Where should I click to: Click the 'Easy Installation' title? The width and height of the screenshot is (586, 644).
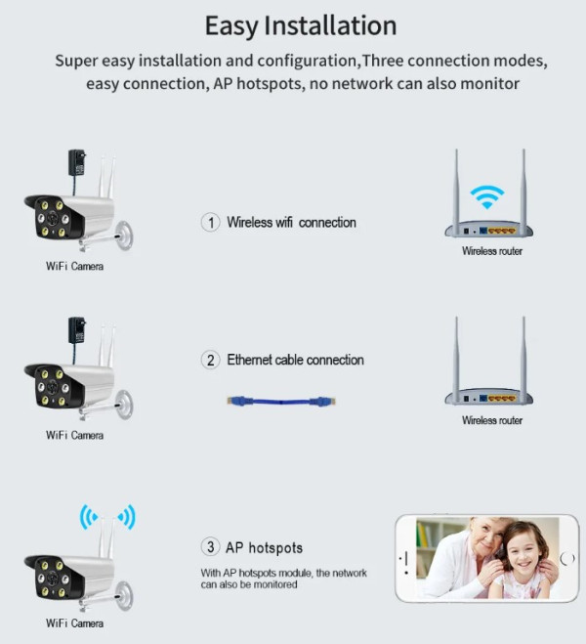[x=300, y=24]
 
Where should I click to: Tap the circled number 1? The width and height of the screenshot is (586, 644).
[x=211, y=223]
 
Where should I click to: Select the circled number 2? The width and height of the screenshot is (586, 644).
[x=211, y=361]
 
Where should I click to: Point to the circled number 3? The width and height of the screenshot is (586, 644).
[x=211, y=547]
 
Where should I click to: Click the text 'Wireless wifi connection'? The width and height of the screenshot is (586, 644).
[x=291, y=223]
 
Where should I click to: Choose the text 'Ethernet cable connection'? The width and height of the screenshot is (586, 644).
[x=295, y=361]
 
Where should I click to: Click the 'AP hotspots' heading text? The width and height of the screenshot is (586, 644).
[x=265, y=547]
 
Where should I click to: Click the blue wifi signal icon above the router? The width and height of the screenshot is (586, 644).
[x=486, y=195]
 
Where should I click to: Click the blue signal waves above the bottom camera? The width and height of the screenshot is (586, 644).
[x=107, y=516]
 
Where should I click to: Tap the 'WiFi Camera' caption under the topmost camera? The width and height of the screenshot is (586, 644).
[x=74, y=266]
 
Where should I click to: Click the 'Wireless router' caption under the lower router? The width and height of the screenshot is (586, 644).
[x=492, y=420]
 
